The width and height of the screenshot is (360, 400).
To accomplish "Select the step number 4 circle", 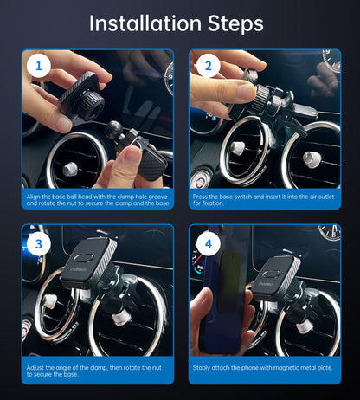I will coord(207,243).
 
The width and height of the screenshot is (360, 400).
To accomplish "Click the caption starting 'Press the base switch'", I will coord(264,199).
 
